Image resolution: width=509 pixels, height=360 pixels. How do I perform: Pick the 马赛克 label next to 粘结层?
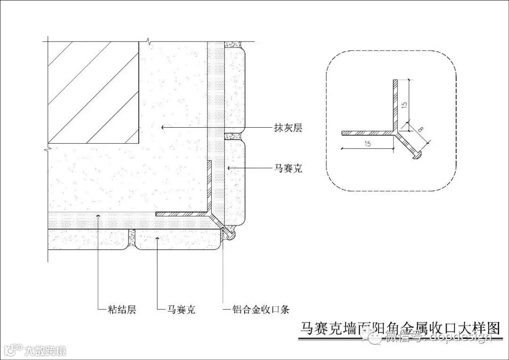tap(181, 310)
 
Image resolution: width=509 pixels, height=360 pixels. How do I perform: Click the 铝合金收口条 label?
tap(261, 310)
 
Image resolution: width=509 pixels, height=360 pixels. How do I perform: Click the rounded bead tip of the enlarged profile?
tap(417, 155)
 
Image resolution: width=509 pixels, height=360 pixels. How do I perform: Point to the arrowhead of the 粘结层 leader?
tap(98, 216)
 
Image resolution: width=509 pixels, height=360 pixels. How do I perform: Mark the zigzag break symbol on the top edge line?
tap(149, 41)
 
